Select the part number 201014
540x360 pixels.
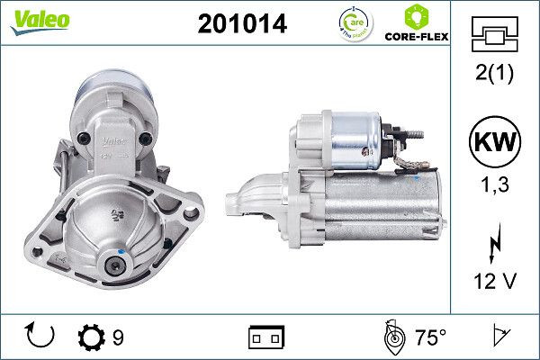click(x=241, y=25)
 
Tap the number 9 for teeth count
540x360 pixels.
click(x=118, y=338)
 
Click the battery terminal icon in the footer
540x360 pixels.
click(x=265, y=338)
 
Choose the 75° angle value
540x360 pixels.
click(x=430, y=338)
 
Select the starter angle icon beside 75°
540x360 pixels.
click(x=392, y=337)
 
